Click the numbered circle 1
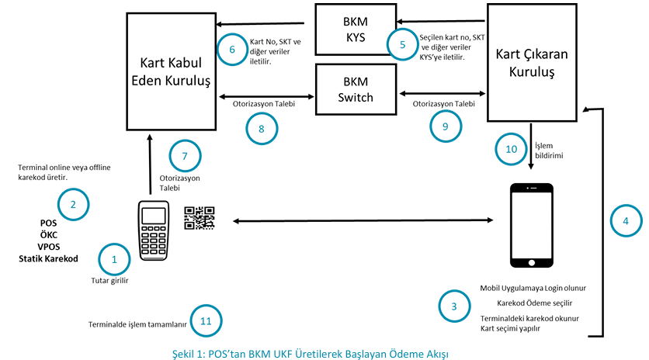(x=115, y=258)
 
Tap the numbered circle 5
(x=402, y=44)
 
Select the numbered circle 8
(x=262, y=129)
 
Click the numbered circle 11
(x=205, y=320)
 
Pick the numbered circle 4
(x=626, y=220)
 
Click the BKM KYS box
(x=354, y=29)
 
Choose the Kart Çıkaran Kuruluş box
(x=536, y=63)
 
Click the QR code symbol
(x=199, y=219)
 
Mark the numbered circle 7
(x=183, y=156)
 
